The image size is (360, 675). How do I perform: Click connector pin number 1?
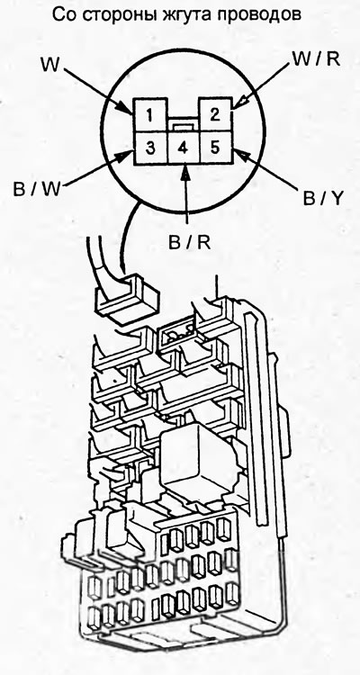pyautogui.click(x=149, y=115)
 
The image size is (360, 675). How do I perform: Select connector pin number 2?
pyautogui.click(x=215, y=114)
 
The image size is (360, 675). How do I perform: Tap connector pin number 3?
pyautogui.click(x=150, y=148)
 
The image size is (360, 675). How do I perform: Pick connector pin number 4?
pyautogui.click(x=183, y=148)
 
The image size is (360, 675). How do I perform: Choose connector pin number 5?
pyautogui.click(x=215, y=147)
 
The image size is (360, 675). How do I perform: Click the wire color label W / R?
pyautogui.click(x=316, y=59)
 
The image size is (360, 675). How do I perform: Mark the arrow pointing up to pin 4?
pyautogui.click(x=185, y=193)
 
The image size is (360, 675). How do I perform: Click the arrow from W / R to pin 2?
pyautogui.click(x=262, y=84)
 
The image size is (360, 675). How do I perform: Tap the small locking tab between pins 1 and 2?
pyautogui.click(x=183, y=126)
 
